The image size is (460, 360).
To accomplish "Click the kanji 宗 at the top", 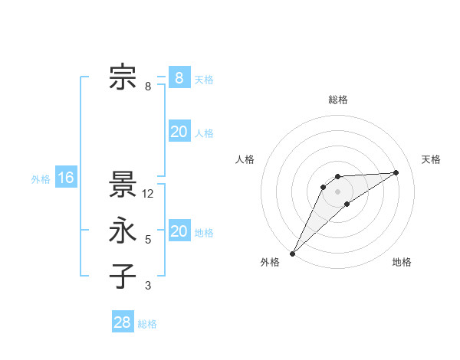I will [x=123, y=77].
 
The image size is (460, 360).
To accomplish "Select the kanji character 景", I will [x=123, y=185].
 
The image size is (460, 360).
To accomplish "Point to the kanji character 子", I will [x=123, y=277].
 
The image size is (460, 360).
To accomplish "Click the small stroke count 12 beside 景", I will [x=149, y=194].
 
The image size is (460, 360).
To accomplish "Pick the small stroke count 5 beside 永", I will [x=148, y=240].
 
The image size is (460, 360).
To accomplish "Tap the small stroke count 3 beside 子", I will [x=148, y=286].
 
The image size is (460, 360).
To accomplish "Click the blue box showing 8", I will [x=179, y=77].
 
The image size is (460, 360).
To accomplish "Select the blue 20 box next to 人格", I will [x=179, y=132].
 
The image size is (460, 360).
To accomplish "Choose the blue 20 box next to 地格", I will [x=179, y=231].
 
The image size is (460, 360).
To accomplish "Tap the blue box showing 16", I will [x=66, y=178].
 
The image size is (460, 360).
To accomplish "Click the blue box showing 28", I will [x=123, y=322].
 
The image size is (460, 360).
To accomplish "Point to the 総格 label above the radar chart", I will [x=337, y=100].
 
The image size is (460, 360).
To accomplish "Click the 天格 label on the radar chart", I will [x=431, y=159].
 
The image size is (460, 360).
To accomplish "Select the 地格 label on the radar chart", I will [x=402, y=262].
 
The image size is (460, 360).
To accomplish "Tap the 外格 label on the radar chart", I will [x=270, y=262].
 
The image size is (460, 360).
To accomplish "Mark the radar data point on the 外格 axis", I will [x=292, y=253].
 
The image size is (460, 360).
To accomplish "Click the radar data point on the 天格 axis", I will [x=396, y=172].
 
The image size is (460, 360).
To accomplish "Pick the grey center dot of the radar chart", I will [x=337, y=191].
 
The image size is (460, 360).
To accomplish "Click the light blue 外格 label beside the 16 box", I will [x=41, y=179].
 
